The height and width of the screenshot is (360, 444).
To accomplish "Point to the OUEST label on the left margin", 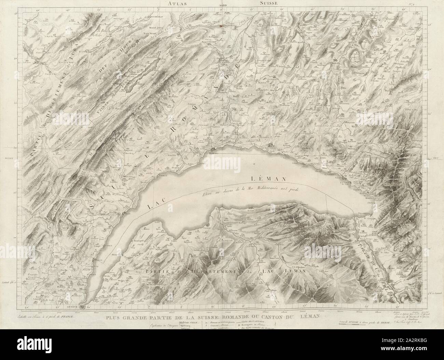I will point(9,158).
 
